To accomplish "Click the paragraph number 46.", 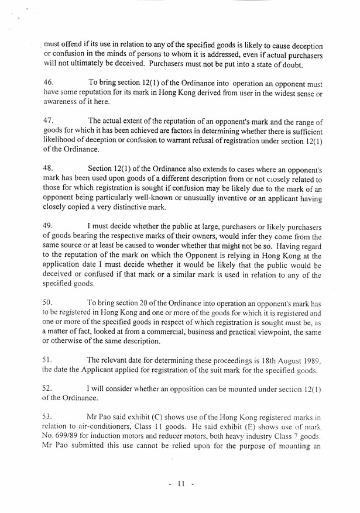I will click(49, 84).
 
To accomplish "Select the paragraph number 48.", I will click(49, 168).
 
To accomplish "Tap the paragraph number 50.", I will click(49, 302).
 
